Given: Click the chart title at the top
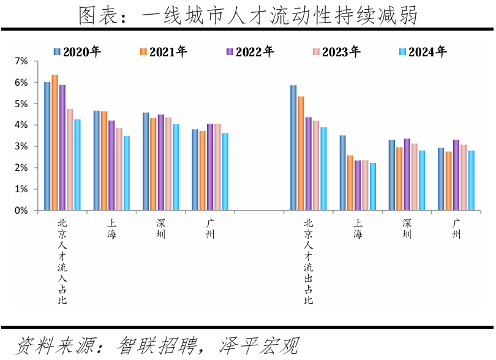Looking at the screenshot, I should [248, 15].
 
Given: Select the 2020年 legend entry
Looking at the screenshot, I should [77, 52].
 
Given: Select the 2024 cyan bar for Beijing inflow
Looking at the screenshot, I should [77, 165].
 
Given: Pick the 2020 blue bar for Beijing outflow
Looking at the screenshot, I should [293, 148].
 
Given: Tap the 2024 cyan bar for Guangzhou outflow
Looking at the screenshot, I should [471, 180].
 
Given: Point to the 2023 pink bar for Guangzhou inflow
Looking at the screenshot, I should [217, 167].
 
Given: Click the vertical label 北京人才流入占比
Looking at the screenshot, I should [62, 261].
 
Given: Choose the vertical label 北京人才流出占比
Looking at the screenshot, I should [308, 261].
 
